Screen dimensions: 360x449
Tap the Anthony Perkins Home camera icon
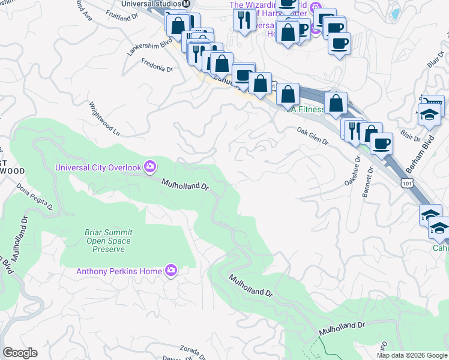coord(171,271)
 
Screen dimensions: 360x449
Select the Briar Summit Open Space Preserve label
coord(109,241)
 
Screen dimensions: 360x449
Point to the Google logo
coord(20,353)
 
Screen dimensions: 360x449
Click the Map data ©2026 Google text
coord(411,355)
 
